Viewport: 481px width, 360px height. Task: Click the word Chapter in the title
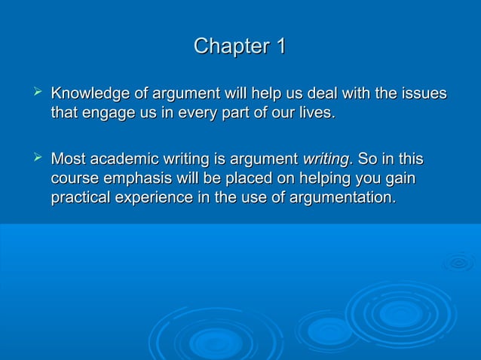(x=229, y=47)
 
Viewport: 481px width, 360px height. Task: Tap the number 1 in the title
(x=280, y=47)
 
